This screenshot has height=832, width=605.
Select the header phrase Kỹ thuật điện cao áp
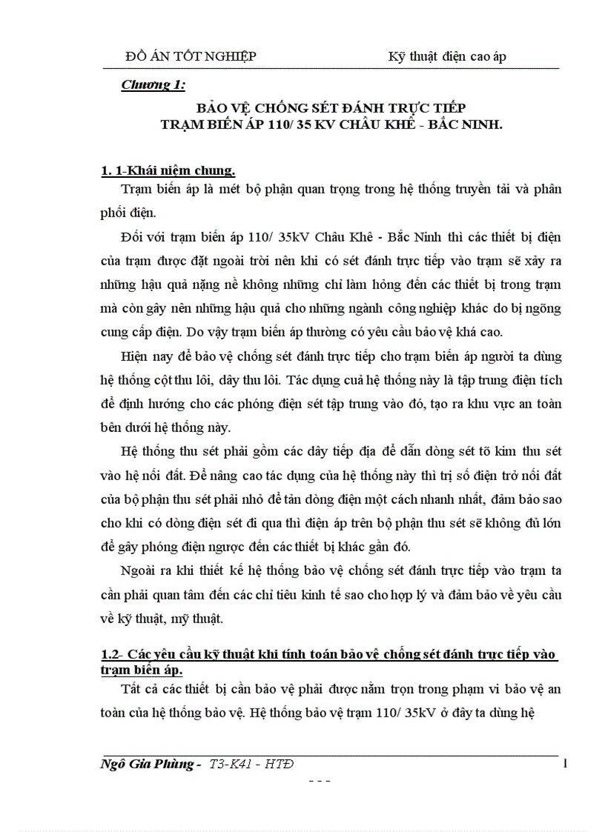click(x=447, y=56)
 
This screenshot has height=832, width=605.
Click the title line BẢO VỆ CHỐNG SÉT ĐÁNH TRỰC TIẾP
click(x=331, y=108)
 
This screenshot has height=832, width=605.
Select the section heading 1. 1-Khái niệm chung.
click(x=168, y=171)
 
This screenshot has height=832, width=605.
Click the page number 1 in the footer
click(x=565, y=764)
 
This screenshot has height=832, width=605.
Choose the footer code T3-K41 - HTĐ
click(x=257, y=765)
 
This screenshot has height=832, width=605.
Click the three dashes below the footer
click(x=319, y=781)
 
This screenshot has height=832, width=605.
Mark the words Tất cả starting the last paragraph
click(x=139, y=689)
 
